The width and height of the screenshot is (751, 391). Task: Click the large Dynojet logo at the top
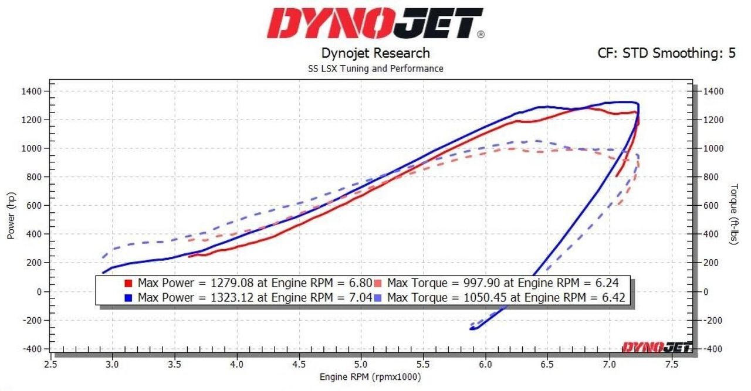tap(375, 23)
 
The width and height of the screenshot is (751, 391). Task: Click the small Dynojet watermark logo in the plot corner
tap(657, 348)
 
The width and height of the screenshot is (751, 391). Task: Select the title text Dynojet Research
tap(375, 53)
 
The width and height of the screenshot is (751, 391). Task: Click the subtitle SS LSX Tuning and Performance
tap(375, 69)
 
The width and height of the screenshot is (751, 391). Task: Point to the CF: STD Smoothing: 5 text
tap(667, 53)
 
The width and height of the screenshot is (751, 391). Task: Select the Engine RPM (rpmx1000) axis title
tap(370, 376)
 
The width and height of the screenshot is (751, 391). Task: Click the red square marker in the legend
tap(128, 283)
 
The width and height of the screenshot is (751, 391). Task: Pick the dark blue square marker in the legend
tap(128, 298)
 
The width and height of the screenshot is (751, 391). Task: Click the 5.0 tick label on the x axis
tap(361, 363)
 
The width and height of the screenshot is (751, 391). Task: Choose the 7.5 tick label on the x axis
tap(672, 363)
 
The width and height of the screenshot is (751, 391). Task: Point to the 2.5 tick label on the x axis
tap(50, 363)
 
